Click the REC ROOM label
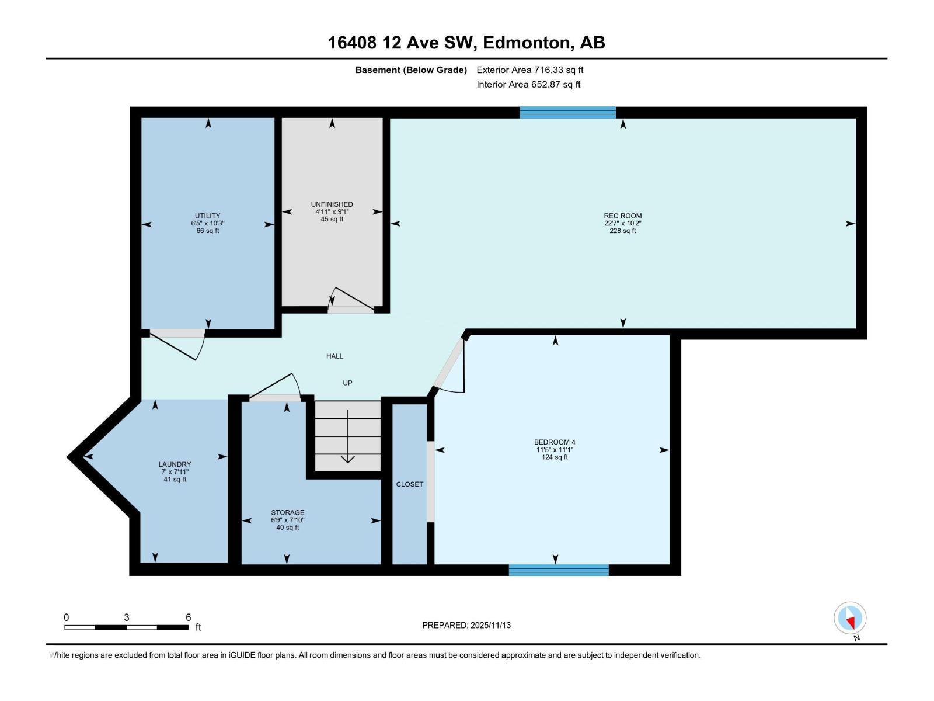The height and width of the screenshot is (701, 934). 622,216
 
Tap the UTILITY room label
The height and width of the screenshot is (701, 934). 208,216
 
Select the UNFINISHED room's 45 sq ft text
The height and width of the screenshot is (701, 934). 332,220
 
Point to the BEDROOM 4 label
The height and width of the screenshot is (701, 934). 555,442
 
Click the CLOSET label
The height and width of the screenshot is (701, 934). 410,484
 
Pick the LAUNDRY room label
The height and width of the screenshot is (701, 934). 175,464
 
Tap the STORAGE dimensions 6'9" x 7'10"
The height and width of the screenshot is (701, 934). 287,520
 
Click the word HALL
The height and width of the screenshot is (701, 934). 334,356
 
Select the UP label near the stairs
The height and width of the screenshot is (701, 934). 347,383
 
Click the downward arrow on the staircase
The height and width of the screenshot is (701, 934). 348,438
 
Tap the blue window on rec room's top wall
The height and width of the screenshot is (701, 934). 567,112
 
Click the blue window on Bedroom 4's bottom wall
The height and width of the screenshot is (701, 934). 559,570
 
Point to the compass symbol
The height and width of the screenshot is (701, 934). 850,618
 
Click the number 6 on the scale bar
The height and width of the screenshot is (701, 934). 188,617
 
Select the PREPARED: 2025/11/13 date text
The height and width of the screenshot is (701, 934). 466,625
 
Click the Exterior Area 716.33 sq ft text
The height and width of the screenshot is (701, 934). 529,70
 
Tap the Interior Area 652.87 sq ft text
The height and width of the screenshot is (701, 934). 528,84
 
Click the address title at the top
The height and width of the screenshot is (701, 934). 466,43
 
